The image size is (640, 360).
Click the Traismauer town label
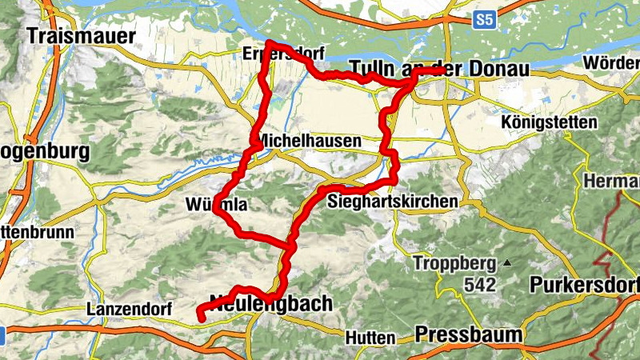tap(81, 35)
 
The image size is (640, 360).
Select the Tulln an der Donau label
tap(439, 70)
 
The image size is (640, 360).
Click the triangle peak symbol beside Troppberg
tap(506, 262)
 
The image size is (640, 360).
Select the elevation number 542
tap(479, 284)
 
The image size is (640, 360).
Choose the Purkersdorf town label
tap(585, 285)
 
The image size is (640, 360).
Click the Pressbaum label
tap(469, 334)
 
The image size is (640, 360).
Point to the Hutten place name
tap(370, 338)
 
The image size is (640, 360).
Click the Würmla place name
tap(215, 206)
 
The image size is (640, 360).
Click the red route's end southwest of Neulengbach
tap(199, 318)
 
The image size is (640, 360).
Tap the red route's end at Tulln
tap(441, 70)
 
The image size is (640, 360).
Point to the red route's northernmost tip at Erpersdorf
tap(270, 43)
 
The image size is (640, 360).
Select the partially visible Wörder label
tap(612, 62)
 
